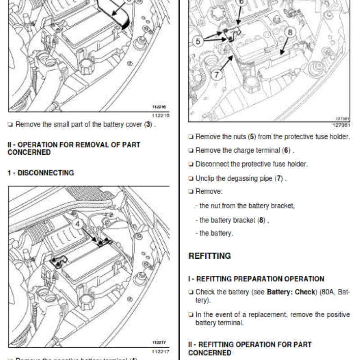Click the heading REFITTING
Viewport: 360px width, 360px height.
pos(209,256)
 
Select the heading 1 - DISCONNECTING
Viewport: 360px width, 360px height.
pos(40,173)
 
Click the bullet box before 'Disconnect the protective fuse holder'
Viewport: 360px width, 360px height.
pos(191,164)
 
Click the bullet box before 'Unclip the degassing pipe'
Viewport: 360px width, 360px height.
pos(191,179)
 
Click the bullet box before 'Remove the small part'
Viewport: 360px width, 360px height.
pos(10,125)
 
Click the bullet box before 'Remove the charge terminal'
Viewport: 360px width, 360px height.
pos(191,151)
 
